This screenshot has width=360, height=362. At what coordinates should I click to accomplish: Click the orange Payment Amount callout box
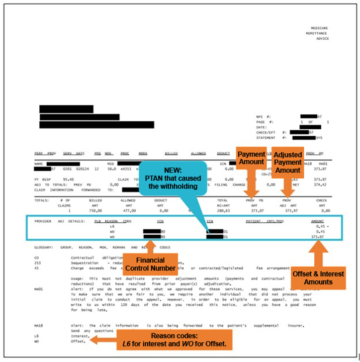(x=252, y=158)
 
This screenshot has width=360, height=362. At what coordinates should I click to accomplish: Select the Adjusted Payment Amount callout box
(x=287, y=163)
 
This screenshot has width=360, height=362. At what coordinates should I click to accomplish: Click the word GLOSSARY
(x=45, y=247)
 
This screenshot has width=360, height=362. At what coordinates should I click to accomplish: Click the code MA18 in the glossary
(x=38, y=325)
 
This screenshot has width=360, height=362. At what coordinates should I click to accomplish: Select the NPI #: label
(x=262, y=117)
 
